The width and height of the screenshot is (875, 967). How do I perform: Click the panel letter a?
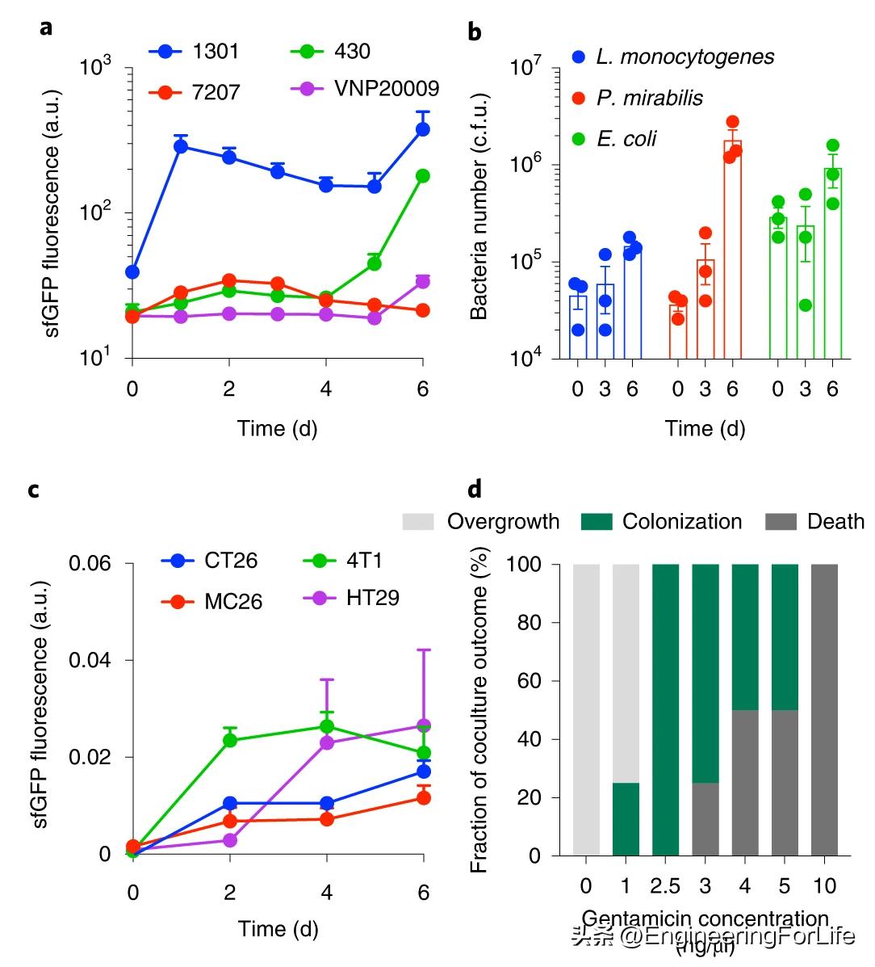pyautogui.click(x=46, y=27)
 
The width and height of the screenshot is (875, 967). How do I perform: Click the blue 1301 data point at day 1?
pyautogui.click(x=181, y=146)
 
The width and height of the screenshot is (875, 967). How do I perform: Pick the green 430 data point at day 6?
pyautogui.click(x=422, y=176)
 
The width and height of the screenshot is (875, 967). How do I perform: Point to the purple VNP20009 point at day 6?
pyautogui.click(x=422, y=281)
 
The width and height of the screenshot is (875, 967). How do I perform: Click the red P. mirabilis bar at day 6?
pyautogui.click(x=732, y=250)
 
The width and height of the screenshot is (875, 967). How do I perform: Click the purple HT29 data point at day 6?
pyautogui.click(x=423, y=725)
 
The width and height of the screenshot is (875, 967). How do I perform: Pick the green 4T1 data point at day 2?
pyautogui.click(x=229, y=740)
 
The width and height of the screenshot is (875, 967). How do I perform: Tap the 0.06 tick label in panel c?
pyautogui.click(x=90, y=563)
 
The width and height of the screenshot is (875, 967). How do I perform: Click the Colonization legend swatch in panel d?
pyautogui.click(x=597, y=522)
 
